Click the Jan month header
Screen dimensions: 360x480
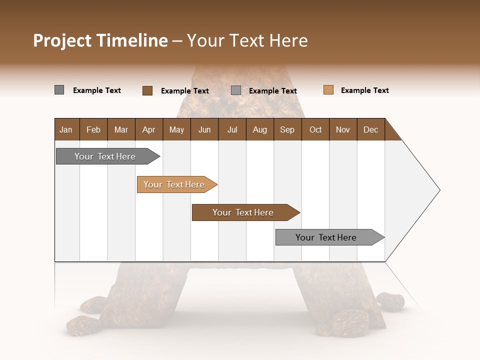pos(66,129)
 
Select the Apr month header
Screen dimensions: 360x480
pos(149,129)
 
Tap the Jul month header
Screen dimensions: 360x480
pos(232,129)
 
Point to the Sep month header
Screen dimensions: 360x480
pos(287,129)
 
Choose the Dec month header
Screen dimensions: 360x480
pos(370,129)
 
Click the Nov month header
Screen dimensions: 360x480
pos(343,129)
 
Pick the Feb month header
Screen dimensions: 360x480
pos(93,129)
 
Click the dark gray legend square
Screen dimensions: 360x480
pos(59,90)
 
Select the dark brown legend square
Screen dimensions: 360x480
pos(147,90)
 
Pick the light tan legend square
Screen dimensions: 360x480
pos(328,90)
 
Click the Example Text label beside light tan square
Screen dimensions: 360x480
pos(364,90)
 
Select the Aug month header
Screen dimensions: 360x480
pos(260,129)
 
